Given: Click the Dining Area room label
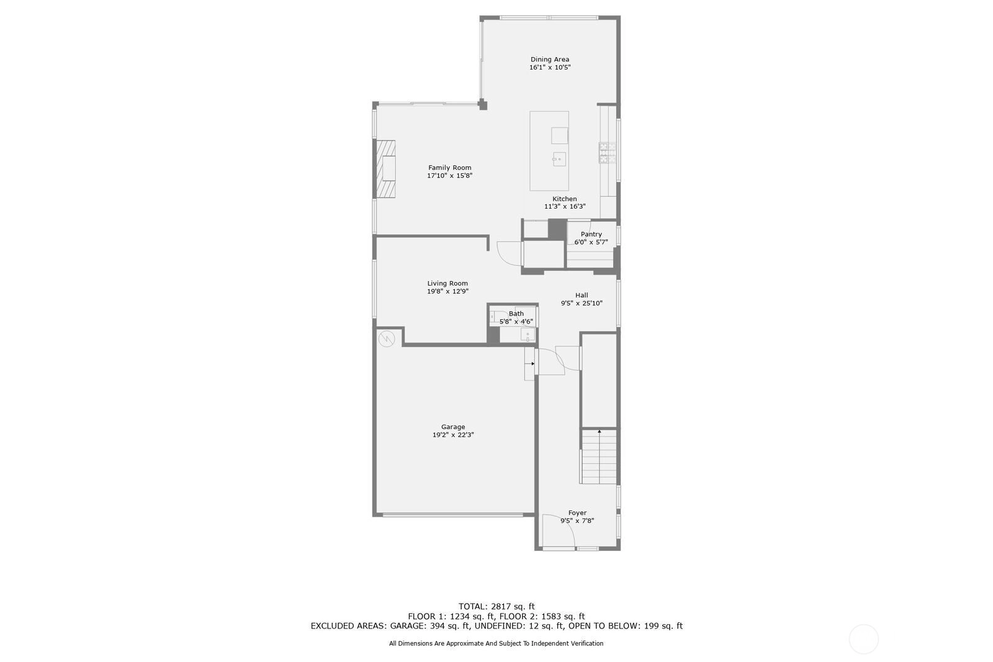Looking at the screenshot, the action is click(x=550, y=60).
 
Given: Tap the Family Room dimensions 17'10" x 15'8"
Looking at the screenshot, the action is click(x=449, y=176).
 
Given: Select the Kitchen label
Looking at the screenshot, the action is click(x=564, y=199).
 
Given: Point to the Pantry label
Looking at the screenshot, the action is click(x=591, y=234).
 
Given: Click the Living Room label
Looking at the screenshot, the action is click(x=447, y=284).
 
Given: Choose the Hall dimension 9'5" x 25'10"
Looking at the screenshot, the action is click(x=582, y=304).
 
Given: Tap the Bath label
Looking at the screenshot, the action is click(x=516, y=314).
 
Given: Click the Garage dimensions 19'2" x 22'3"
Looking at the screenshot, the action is click(x=453, y=435).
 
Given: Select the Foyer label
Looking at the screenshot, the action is click(x=577, y=513).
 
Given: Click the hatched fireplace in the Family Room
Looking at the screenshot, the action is click(x=385, y=169).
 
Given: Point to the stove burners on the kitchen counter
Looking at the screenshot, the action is click(x=608, y=153).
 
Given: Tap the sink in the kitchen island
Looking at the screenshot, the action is click(x=559, y=159).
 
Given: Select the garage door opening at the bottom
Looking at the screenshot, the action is click(x=452, y=515).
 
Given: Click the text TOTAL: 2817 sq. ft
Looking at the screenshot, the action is click(x=496, y=607).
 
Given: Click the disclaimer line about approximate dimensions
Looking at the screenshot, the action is click(x=496, y=643).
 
